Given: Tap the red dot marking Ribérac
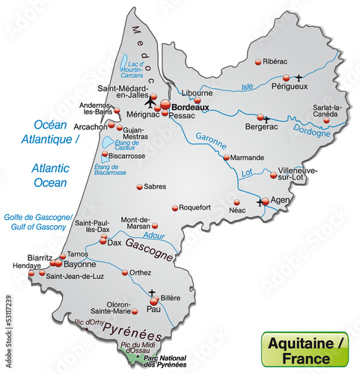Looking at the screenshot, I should tap(258, 61).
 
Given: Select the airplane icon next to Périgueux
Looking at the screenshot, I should tap(299, 76).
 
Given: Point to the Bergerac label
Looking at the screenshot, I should tap(260, 127).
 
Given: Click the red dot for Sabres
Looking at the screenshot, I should tap(139, 187).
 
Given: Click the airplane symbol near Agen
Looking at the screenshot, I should tap(261, 202).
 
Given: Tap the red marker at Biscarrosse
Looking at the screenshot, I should tap(105, 156).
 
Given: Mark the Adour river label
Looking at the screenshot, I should tap(156, 235).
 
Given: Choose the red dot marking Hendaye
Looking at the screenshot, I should tap(31, 274).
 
